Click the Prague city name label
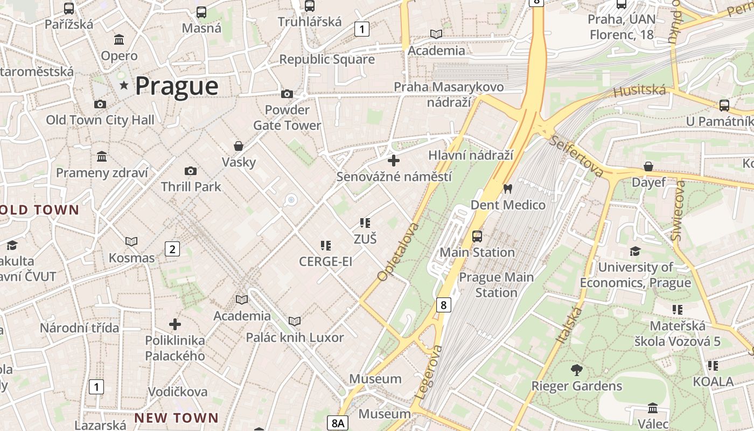click(177, 86)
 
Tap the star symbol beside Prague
click(124, 85)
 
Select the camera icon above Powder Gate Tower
click(287, 94)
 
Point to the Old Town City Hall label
click(100, 120)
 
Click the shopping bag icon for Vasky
click(239, 146)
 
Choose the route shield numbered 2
click(172, 249)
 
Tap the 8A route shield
click(338, 423)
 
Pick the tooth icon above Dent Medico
click(507, 189)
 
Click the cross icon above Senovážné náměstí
click(394, 160)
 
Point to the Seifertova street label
click(576, 156)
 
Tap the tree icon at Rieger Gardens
click(577, 370)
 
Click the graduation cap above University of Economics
click(636, 251)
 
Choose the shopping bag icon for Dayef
click(648, 166)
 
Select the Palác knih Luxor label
click(295, 338)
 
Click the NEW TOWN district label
click(176, 418)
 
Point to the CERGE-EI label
click(326, 262)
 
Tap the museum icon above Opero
click(119, 40)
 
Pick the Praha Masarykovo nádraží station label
click(449, 94)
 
